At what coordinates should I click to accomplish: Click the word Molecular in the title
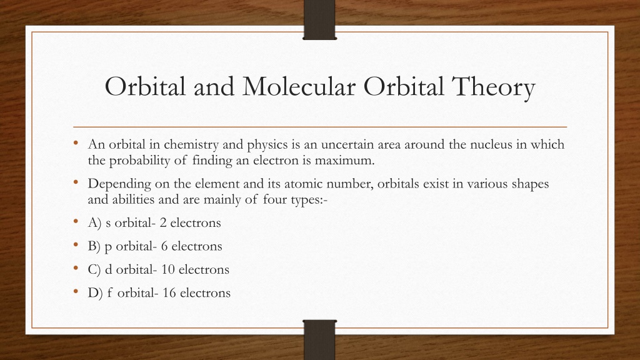point(299,86)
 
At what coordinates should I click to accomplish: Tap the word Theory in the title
point(494,88)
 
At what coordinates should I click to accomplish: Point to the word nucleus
point(491,144)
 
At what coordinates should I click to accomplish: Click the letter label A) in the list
point(94,223)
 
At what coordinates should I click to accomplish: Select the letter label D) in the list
point(96,293)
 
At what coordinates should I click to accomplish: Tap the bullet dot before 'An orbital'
point(76,142)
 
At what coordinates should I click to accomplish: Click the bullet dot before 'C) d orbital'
point(76,267)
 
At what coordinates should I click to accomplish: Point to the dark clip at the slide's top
point(319,19)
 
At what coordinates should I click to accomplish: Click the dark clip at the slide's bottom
point(319,339)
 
